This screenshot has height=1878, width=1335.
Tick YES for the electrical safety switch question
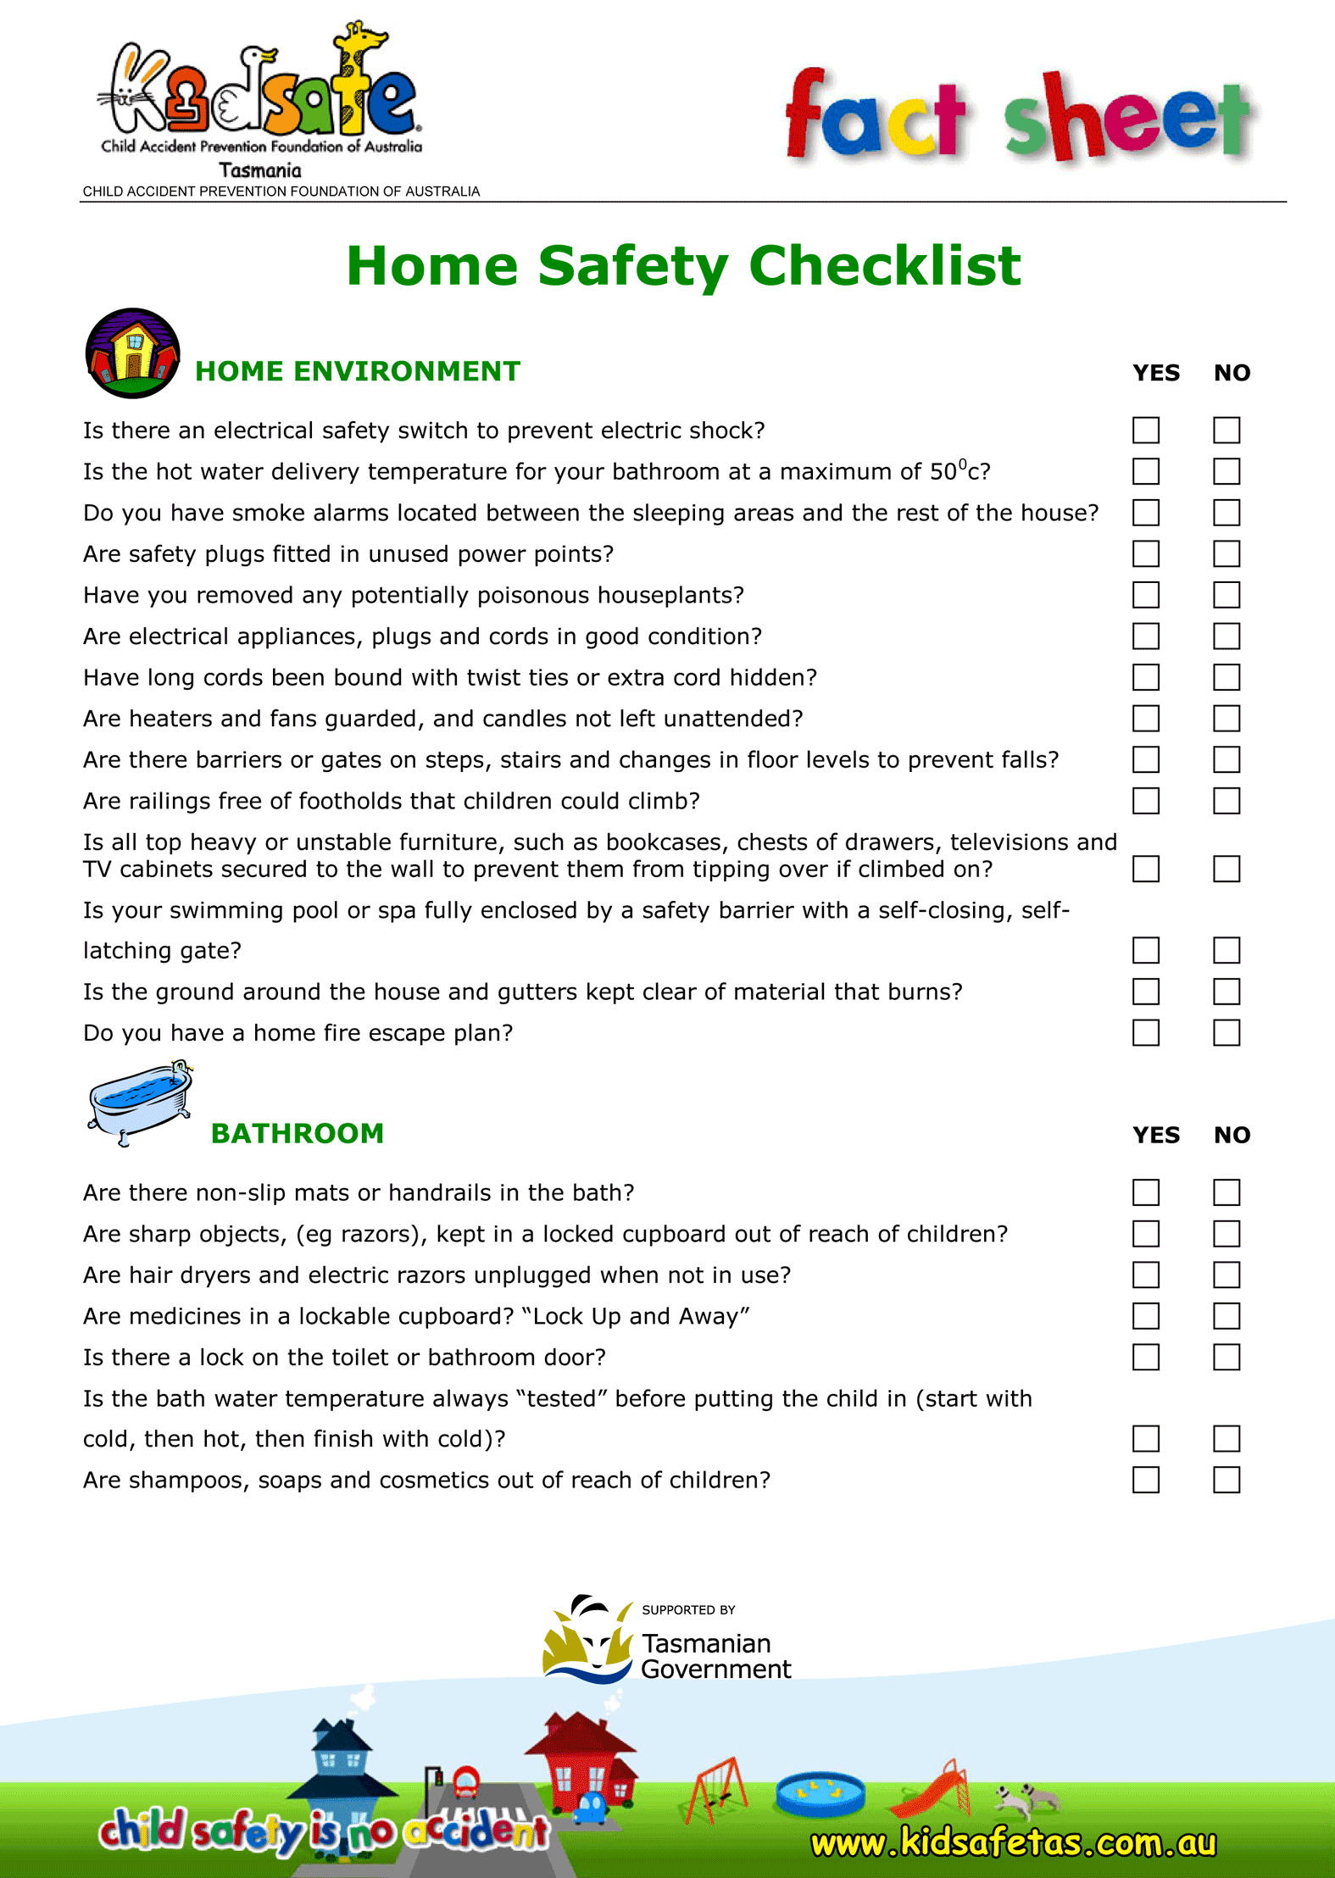pyautogui.click(x=1145, y=430)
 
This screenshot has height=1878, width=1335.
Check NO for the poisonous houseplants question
pyautogui.click(x=1226, y=595)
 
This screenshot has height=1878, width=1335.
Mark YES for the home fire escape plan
pyautogui.click(x=1145, y=1032)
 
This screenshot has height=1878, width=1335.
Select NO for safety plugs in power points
pyautogui.click(x=1226, y=553)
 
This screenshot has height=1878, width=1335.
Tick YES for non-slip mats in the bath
pyautogui.click(x=1145, y=1192)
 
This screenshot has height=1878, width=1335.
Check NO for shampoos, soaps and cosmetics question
pyautogui.click(x=1226, y=1480)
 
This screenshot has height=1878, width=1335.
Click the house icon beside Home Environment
pyautogui.click(x=132, y=353)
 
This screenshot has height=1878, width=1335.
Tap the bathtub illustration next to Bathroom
pyautogui.click(x=141, y=1101)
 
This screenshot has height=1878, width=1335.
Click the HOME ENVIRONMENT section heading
pyautogui.click(x=357, y=371)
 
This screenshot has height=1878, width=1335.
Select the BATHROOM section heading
pyautogui.click(x=297, y=1133)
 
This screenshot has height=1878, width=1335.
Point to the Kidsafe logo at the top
pyautogui.click(x=259, y=93)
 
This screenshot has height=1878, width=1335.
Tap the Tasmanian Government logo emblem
pyautogui.click(x=588, y=1640)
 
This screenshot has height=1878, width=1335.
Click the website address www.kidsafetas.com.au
pyautogui.click(x=1013, y=1842)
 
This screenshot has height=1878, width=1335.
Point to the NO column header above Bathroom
pyautogui.click(x=1231, y=1135)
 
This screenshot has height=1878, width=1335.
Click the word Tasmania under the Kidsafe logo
pyautogui.click(x=259, y=170)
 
